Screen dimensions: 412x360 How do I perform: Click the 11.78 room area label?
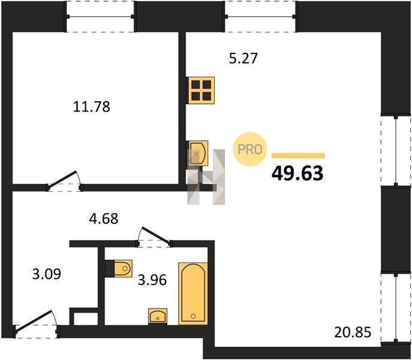coord(91,107)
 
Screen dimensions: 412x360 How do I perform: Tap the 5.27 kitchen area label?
coord(243,58)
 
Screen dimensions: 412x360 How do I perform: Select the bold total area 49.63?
coord(297,173)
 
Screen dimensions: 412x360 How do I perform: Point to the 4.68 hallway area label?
coord(104,218)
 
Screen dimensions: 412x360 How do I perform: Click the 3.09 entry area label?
coord(47,274)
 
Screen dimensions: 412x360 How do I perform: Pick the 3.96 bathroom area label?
coord(152,280)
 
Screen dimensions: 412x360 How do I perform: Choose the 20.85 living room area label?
coord(353,332)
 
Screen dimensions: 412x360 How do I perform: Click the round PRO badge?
coord(250,149)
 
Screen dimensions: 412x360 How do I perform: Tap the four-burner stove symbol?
coord(201,90)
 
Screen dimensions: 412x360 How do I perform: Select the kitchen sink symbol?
coord(197,154)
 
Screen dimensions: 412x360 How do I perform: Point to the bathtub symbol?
coord(193,293)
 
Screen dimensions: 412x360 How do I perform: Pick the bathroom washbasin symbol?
coord(158,316)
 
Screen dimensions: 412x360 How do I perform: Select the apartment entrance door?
coord(36,325)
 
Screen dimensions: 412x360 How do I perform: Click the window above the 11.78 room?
coord(100,17)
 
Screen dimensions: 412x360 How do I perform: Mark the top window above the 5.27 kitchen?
coord(260,17)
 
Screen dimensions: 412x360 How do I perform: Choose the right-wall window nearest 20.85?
coord(396,308)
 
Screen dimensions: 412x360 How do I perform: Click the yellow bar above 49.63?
coord(298,155)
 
